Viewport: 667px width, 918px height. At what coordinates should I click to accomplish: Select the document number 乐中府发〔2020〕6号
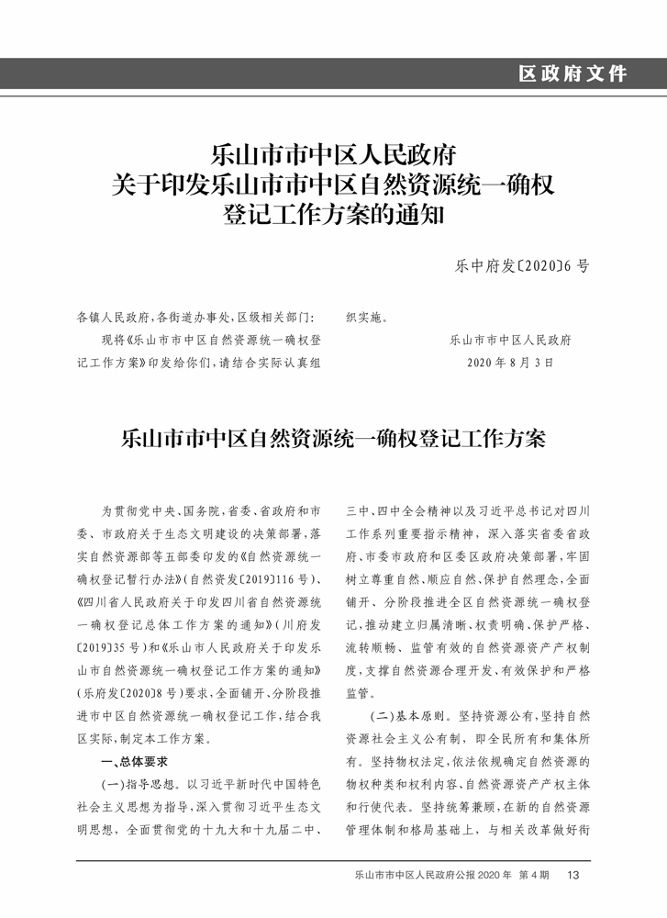click(522, 266)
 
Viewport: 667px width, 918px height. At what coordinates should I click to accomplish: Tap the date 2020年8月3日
click(511, 363)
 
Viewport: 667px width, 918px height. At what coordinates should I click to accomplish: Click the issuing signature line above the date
click(511, 341)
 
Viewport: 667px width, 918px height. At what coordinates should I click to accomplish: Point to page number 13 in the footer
click(574, 875)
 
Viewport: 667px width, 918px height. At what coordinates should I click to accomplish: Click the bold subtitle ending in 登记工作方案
click(333, 439)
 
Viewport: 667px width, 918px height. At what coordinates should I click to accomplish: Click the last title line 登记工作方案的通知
click(333, 216)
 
